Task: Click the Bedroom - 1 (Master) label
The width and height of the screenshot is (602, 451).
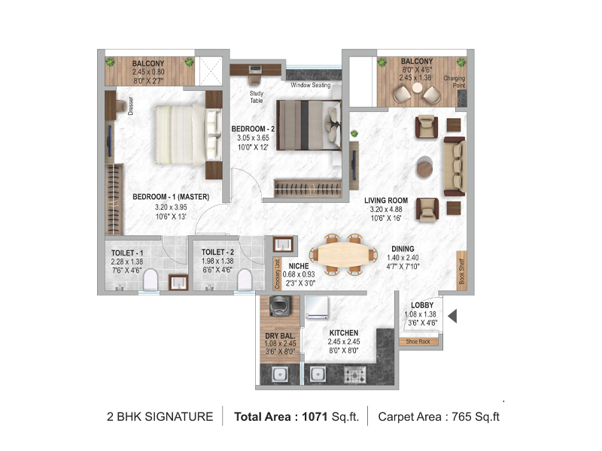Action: point(170,197)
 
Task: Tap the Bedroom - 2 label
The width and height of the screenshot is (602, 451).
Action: point(253,129)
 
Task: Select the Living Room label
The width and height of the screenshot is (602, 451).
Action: point(385,200)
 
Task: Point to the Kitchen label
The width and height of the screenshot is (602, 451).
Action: point(342,332)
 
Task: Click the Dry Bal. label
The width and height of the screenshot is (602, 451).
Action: point(278,337)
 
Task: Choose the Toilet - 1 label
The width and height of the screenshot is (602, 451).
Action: point(126,253)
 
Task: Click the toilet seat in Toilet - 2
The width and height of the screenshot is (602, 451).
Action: point(243,280)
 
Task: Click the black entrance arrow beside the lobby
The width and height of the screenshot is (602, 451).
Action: point(453,316)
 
